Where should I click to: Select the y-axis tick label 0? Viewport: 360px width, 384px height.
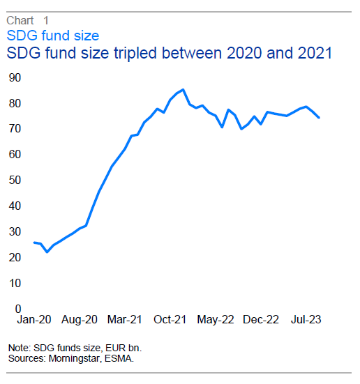click(16, 309)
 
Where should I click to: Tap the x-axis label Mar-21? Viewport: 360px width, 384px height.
click(124, 320)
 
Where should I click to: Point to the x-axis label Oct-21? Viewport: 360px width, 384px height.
click(170, 320)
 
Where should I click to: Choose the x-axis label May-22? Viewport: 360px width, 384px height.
click(216, 320)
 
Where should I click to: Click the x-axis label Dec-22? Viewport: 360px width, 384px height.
click(261, 320)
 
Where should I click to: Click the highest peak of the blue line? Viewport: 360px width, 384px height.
click(183, 89)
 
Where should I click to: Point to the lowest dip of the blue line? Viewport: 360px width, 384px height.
click(47, 252)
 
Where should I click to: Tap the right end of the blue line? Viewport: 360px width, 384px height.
click(320, 117)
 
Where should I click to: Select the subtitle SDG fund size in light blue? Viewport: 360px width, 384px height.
click(52, 35)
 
